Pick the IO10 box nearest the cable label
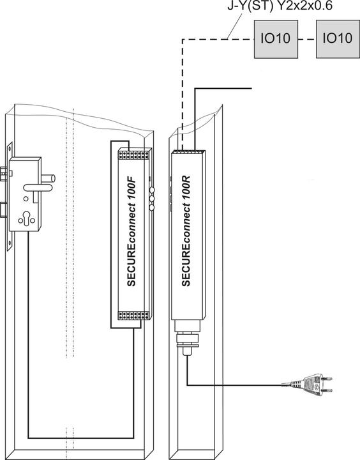(x=275, y=38)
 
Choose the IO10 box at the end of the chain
(x=337, y=38)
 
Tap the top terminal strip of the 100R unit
(x=191, y=153)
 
